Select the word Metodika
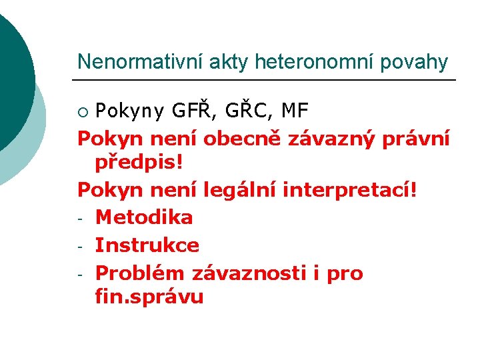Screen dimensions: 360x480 (x=144, y=217)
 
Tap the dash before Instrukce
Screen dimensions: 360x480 (x=81, y=246)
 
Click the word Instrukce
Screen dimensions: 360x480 (x=147, y=245)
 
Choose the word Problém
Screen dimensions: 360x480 (x=141, y=273)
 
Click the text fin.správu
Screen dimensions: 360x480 (x=149, y=297)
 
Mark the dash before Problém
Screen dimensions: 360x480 (x=81, y=274)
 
